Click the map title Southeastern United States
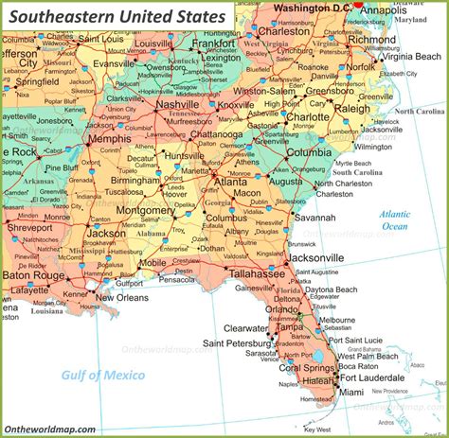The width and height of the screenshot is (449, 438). point(117,17)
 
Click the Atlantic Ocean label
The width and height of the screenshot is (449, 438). point(395,220)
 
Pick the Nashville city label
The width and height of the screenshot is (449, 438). point(178,105)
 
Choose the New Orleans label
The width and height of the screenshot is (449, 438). point(120,298)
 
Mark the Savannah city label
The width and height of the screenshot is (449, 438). point(314,217)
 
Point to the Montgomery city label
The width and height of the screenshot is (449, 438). point(144,211)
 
